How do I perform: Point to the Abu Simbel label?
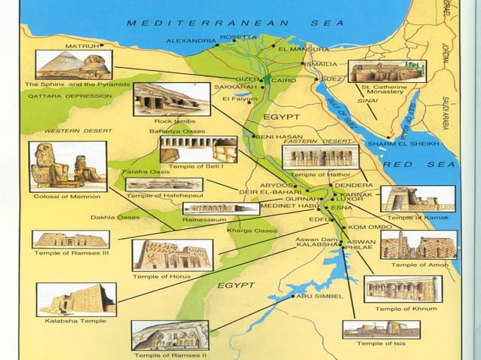[317, 296]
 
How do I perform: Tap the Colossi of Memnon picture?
[67, 166]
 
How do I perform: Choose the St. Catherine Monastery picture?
[387, 72]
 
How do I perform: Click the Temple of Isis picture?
[381, 329]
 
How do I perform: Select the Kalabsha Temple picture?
[77, 299]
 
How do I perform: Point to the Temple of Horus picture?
[172, 255]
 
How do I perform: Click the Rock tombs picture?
[171, 99]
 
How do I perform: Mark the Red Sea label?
[419, 163]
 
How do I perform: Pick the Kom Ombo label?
[367, 227]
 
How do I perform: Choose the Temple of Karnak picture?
[417, 199]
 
